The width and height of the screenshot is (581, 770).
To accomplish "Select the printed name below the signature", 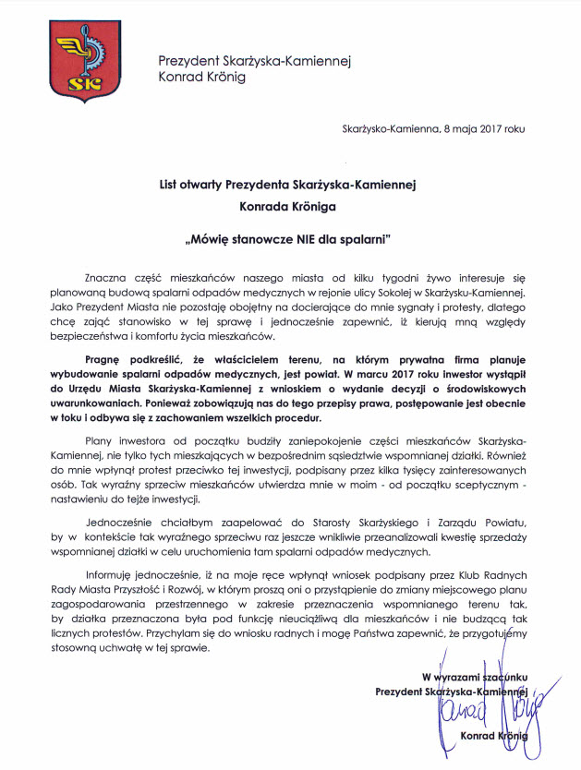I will pos(494,736).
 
